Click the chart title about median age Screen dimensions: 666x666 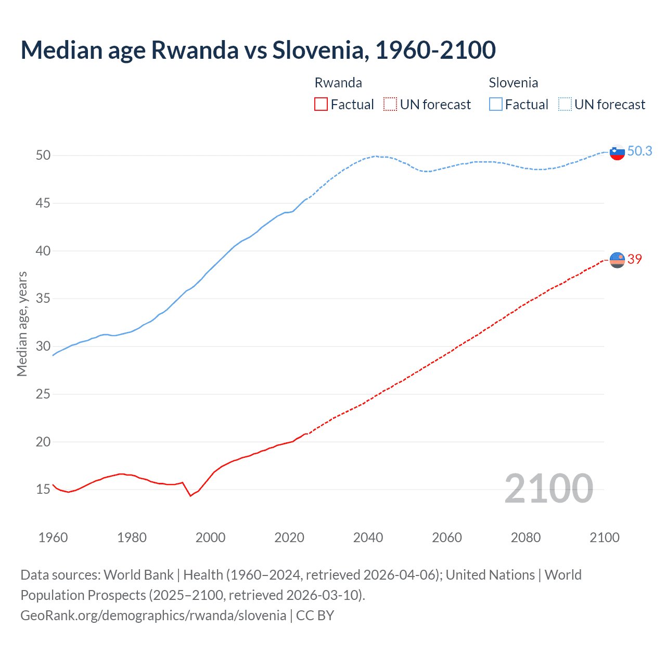[258, 50]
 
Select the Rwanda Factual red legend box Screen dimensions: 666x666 [321, 104]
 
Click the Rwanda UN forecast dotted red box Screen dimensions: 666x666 [390, 104]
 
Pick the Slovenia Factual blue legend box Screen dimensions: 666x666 [496, 104]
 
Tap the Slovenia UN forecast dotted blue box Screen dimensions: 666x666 [565, 104]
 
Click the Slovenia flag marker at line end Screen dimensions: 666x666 [617, 152]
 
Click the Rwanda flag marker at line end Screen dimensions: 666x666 [617, 260]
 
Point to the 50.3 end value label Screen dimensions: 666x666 [639, 151]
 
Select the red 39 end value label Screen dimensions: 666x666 [635, 259]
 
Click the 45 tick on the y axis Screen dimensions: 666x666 [43, 203]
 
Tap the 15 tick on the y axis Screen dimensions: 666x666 [43, 489]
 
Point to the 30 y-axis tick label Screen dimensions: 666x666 [43, 346]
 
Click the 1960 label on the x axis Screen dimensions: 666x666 [53, 537]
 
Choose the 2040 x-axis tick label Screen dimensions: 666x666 [368, 537]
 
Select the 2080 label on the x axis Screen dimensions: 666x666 [526, 537]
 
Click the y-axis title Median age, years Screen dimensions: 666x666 [22, 324]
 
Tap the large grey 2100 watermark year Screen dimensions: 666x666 [548, 488]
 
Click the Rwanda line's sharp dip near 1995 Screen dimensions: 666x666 [190, 495]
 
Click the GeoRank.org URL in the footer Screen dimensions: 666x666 [153, 615]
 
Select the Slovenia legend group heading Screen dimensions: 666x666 [513, 83]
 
